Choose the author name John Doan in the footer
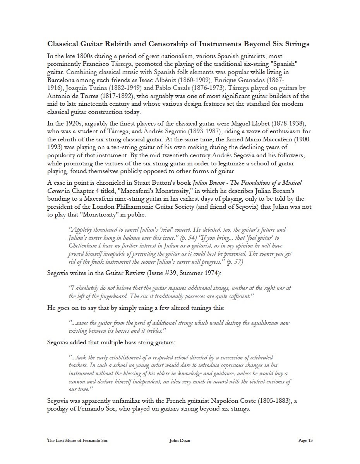point(180,440)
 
